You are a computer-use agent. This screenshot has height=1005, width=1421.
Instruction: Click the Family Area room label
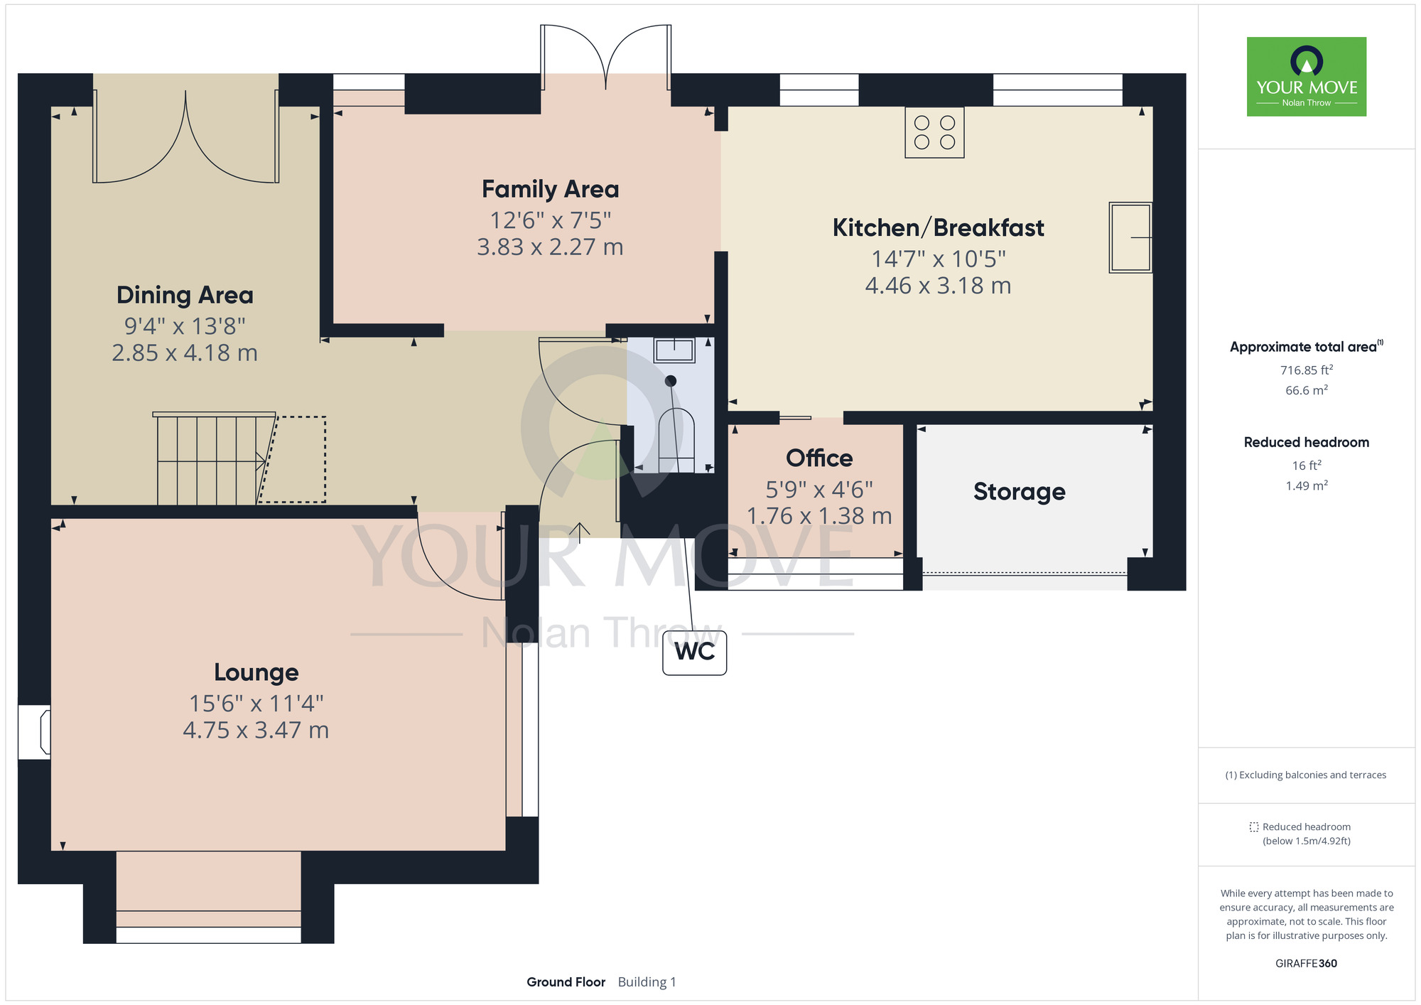551,189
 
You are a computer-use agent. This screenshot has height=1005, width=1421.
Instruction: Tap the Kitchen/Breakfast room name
938,227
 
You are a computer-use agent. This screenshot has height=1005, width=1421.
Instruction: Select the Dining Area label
185,295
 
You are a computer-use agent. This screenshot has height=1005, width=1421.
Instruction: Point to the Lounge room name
256,672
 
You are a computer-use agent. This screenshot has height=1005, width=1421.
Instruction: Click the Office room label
819,458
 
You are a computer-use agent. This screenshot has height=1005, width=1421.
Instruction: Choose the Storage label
1020,492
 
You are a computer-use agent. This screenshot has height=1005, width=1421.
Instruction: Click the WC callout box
694,652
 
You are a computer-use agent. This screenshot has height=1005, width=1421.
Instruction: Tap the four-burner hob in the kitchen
934,132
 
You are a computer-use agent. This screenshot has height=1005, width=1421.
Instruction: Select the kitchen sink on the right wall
1130,237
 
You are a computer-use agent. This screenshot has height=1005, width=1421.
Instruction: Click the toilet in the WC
676,440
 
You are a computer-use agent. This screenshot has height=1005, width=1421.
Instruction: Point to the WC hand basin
674,350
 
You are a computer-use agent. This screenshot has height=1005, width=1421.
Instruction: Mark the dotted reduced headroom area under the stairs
292,459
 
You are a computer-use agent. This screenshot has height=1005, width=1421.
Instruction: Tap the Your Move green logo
1307,77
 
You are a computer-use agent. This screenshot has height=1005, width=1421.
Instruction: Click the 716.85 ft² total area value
1307,370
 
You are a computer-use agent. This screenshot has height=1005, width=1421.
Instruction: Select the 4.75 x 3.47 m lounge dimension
256,730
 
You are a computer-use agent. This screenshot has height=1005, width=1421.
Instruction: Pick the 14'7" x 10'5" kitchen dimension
938,259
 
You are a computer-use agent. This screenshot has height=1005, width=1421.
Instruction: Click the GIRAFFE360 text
1306,964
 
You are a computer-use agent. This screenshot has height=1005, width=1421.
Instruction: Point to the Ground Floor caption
566,982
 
